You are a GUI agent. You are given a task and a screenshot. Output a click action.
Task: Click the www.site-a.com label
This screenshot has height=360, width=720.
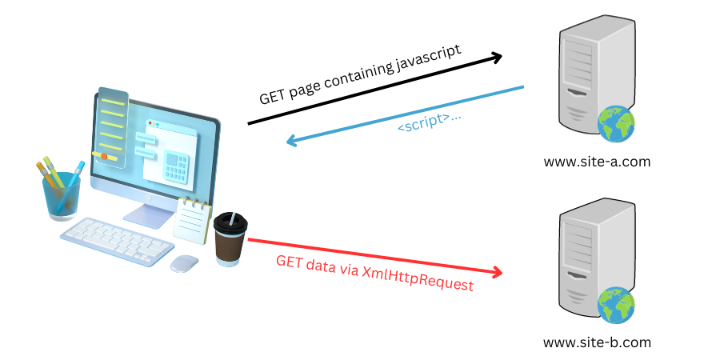(x=596, y=162)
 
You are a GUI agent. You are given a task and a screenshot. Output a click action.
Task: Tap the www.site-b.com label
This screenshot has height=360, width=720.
(x=597, y=342)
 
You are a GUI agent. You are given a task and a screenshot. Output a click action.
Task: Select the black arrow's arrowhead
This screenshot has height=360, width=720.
(x=495, y=57)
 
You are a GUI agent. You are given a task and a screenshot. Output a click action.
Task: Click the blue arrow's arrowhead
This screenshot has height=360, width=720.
(x=294, y=142)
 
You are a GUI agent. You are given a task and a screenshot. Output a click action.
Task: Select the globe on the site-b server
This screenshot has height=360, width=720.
(x=616, y=306)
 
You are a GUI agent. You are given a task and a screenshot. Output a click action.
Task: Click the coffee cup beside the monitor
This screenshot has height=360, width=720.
(x=230, y=237)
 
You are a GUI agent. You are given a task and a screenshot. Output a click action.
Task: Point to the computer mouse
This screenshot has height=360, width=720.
(x=186, y=262)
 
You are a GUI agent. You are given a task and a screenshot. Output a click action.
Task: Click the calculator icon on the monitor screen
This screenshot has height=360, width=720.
(x=176, y=166)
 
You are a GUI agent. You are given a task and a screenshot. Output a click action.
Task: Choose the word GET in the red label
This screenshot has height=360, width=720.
(x=289, y=261)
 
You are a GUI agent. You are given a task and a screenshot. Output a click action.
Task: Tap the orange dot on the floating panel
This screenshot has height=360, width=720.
(x=104, y=156)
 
